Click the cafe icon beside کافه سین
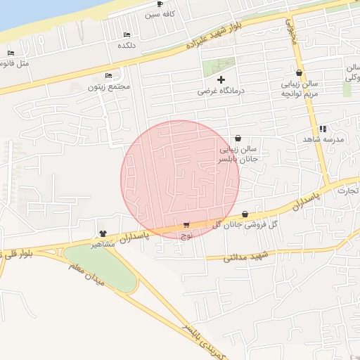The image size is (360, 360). pyautogui.click(x=159, y=4)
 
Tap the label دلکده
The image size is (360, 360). pyautogui.click(x=127, y=44)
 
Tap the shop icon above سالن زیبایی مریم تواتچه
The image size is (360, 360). pyautogui.click(x=300, y=73)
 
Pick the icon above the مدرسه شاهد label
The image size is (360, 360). pyautogui.click(x=323, y=129)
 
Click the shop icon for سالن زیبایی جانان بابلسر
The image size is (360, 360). pyautogui.click(x=237, y=139)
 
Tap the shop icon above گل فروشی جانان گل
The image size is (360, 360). pyautogui.click(x=245, y=214)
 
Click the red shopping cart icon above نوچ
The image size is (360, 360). pyautogui.click(x=186, y=225)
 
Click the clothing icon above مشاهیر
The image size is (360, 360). pyautogui.click(x=103, y=233)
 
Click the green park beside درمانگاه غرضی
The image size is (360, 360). pyautogui.click(x=218, y=67)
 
